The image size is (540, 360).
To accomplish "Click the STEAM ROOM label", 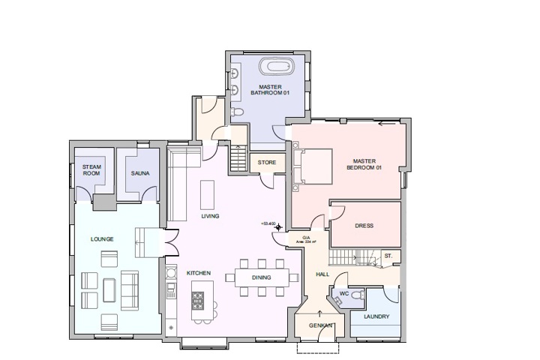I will coord(91,170).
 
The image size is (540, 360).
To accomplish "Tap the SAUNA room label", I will coord(140,174).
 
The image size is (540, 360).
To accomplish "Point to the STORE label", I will coord(267,163).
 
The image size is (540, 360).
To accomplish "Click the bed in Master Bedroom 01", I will coord(314,166).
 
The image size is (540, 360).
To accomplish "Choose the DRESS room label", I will coord(364,226).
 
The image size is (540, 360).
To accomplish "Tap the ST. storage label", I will coord(388,256).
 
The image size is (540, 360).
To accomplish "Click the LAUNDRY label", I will coord(376,316).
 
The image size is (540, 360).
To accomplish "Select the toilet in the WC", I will coord(357,297).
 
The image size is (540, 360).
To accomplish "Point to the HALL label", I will coord(322,274).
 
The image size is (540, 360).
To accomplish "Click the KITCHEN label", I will coord(199,272).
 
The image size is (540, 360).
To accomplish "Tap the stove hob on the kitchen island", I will coord(199,301).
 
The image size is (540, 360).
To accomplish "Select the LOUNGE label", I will coord(101,239).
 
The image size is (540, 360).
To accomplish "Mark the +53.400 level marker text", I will coord(268,223).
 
